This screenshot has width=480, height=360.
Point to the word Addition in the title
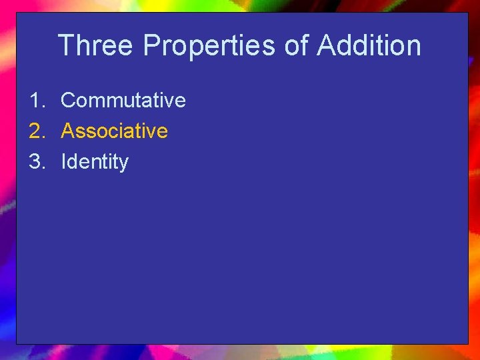coord(369,46)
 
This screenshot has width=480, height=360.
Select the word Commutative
coord(123,101)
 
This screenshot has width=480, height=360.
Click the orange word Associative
coord(114,131)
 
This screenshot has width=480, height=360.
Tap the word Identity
coord(94,162)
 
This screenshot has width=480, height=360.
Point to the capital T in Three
coord(67,46)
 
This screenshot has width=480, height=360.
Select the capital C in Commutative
coord(68,101)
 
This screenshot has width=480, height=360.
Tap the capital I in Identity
coord(63,162)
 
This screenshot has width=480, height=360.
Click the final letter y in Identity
coord(123,164)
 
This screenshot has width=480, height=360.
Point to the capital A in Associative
coord(67,131)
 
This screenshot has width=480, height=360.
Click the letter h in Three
coord(83,46)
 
